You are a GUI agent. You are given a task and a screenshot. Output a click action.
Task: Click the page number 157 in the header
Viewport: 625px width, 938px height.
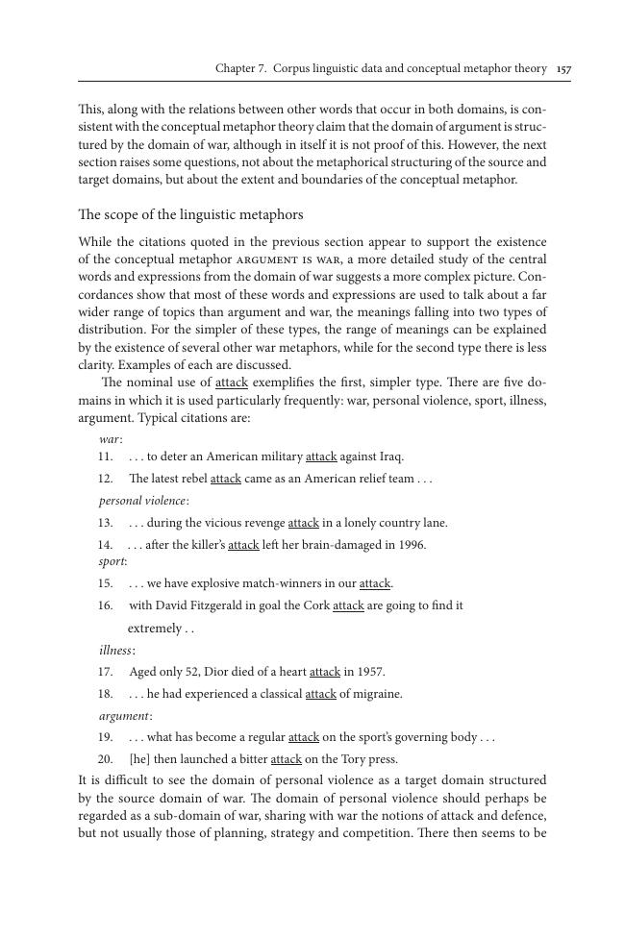pyautogui.click(x=563, y=69)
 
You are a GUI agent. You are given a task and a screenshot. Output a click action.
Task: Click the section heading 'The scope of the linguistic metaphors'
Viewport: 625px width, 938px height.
pyautogui.click(x=190, y=214)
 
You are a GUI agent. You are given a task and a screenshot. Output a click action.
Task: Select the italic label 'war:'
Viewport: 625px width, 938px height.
pyautogui.click(x=111, y=438)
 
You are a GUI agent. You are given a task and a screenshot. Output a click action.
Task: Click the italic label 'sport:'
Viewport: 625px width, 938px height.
pyautogui.click(x=113, y=560)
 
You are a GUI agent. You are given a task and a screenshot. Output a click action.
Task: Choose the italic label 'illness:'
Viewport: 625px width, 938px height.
pyautogui.click(x=117, y=651)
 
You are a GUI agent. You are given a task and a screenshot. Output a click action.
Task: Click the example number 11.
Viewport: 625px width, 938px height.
pyautogui.click(x=106, y=457)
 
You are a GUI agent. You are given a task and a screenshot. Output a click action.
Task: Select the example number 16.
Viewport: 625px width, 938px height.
pyautogui.click(x=106, y=605)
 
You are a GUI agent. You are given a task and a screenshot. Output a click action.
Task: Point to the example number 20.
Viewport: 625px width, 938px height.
pyautogui.click(x=106, y=759)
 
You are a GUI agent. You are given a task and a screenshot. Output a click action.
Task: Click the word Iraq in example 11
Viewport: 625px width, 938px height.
pyautogui.click(x=389, y=457)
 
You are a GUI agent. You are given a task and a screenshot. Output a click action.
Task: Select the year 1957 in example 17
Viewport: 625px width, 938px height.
pyautogui.click(x=368, y=672)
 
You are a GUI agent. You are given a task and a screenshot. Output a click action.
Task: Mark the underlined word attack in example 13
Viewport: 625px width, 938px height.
pyautogui.click(x=303, y=523)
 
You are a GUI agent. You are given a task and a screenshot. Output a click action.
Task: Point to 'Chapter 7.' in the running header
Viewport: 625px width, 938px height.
pyautogui.click(x=241, y=69)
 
